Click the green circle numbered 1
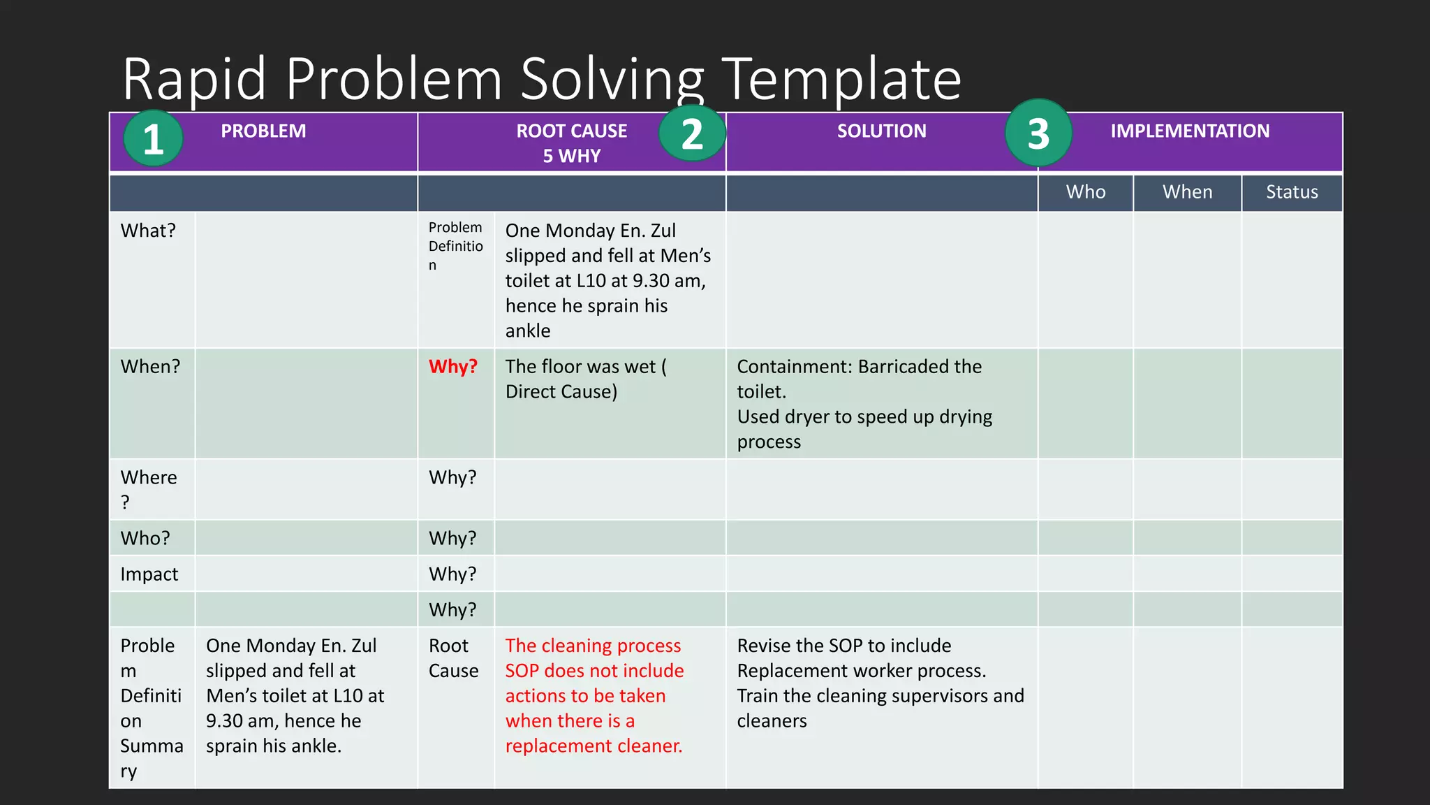point(153,138)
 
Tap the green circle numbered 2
point(691,133)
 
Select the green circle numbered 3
point(1038,133)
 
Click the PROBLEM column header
point(263,131)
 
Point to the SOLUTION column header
point(881,131)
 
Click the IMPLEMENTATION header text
point(1190,131)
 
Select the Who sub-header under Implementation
point(1085,192)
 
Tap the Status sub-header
point(1292,192)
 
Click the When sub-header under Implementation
point(1187,192)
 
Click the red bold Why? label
point(452,367)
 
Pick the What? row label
point(148,231)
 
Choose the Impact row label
point(149,574)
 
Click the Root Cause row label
point(453,658)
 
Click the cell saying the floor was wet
point(585,379)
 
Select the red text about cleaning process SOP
point(594,696)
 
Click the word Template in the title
point(841,78)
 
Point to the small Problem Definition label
point(455,246)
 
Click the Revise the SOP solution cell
point(880,683)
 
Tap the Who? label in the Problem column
point(145,539)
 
